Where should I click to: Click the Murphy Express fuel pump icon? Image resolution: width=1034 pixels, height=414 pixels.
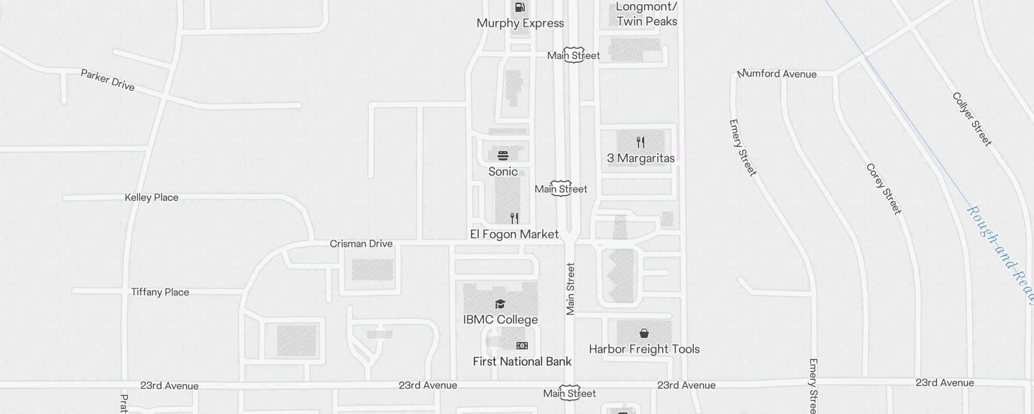coord(520,7)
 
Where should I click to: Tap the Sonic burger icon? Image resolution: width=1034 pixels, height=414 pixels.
coord(503,155)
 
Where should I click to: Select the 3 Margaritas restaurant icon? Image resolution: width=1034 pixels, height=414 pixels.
coord(641,142)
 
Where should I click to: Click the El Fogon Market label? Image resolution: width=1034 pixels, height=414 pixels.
coord(514,234)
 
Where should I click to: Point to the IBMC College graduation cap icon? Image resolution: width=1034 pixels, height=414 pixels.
coord(500,304)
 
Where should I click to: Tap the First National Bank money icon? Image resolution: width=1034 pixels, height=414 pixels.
coord(522,345)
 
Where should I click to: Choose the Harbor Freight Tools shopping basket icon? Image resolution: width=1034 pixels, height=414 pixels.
coord(644,333)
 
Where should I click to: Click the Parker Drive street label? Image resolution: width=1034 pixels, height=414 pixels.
coord(108,80)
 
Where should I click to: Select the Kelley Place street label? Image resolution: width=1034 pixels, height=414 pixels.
coord(151,197)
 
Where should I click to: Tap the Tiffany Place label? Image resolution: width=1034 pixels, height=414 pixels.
coord(160,292)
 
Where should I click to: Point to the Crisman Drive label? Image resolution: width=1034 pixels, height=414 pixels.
coord(361,243)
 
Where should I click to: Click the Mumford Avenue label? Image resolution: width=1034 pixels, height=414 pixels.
coord(777,73)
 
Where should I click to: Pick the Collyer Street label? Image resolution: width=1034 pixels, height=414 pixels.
coord(972,119)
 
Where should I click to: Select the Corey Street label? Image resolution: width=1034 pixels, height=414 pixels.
coord(884,188)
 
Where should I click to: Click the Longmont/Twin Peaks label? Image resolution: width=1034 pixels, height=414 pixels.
coord(647,14)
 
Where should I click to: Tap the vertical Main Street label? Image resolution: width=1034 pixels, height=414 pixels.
coord(570,289)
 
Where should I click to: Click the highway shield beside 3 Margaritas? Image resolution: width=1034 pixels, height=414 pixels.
coord(561,188)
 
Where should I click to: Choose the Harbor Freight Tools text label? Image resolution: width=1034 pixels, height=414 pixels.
coord(644,349)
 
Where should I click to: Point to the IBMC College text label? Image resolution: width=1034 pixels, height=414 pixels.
coord(500,319)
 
